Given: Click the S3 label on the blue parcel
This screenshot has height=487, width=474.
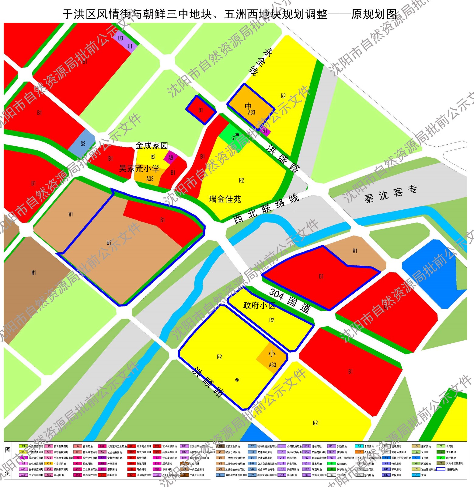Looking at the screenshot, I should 83,144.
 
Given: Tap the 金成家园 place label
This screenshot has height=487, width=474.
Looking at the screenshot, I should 152,145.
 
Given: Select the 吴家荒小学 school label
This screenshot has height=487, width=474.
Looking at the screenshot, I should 139,168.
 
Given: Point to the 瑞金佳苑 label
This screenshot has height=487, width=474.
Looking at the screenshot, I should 225,199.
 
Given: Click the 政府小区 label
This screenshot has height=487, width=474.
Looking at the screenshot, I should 259,305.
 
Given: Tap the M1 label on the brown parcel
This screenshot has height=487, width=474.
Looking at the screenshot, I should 33,273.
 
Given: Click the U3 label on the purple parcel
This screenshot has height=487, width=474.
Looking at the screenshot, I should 120,38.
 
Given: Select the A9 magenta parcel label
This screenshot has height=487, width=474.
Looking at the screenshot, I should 171,157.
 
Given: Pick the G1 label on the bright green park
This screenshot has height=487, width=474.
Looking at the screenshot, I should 234,138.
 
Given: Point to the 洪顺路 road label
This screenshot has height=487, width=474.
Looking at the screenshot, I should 209,382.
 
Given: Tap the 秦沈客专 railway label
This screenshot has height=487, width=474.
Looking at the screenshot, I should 390,194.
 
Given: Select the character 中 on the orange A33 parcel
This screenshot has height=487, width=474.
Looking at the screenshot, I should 248,106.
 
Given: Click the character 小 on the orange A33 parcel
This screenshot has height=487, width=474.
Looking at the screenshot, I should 272,353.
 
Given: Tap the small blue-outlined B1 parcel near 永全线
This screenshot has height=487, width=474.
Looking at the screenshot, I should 201,110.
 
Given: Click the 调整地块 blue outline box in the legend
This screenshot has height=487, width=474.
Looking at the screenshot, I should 441,469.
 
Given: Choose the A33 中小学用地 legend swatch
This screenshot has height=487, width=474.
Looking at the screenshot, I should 49,464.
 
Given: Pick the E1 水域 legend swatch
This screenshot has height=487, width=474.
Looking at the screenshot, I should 416,475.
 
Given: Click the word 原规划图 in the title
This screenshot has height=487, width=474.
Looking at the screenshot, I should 374,14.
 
